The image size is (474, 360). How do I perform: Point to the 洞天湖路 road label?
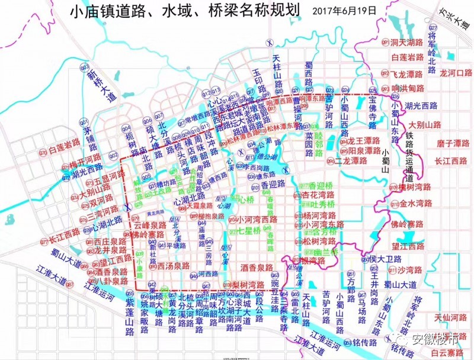[x=407, y=43]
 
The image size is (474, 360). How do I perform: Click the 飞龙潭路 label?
[x=407, y=75]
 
